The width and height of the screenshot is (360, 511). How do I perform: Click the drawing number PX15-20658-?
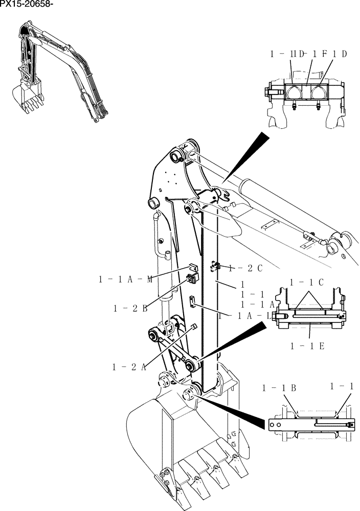[27, 5]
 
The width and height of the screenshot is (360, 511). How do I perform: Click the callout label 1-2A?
[129, 366]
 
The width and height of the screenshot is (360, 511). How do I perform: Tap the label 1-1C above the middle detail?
[306, 282]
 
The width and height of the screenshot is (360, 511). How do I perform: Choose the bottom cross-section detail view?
[312, 422]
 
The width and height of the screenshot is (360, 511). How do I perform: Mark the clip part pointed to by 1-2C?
[215, 265]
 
